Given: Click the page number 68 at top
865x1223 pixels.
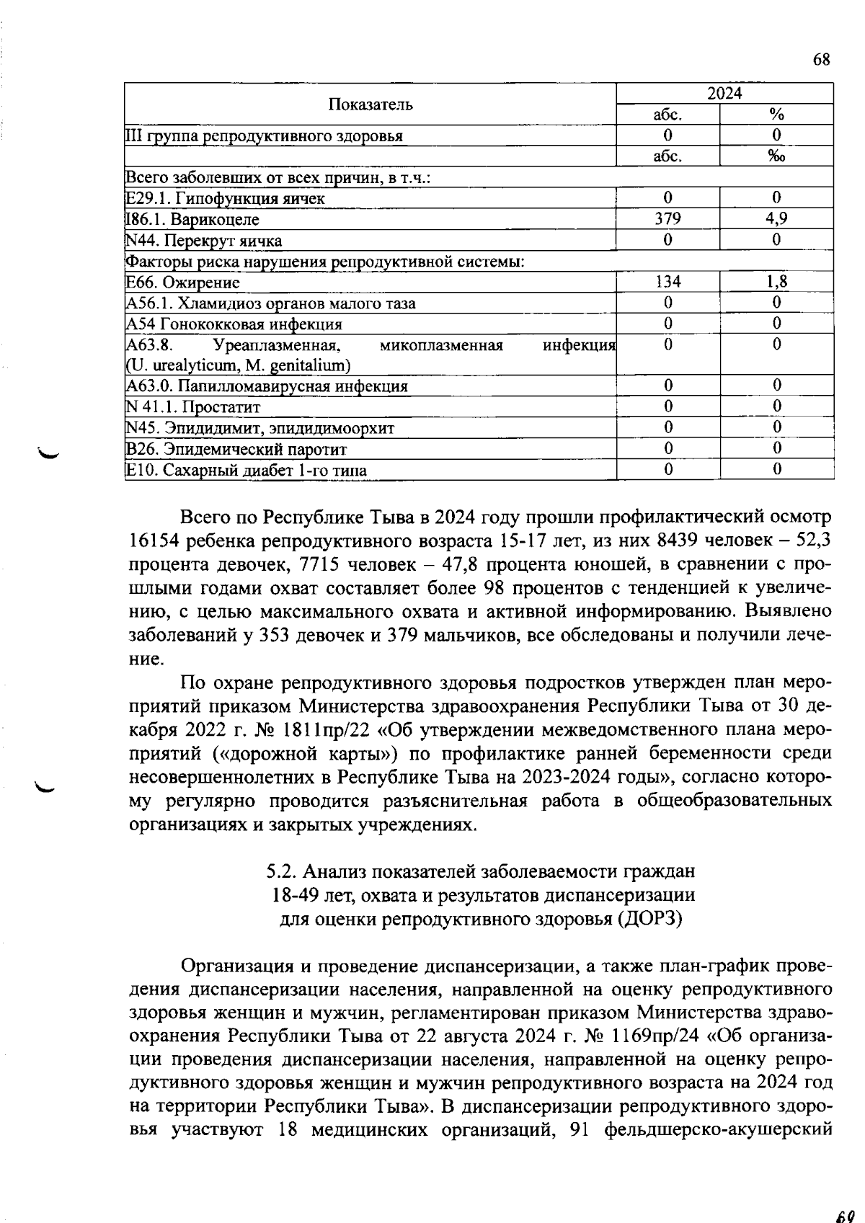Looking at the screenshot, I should pos(822,60).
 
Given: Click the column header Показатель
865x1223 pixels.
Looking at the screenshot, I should pos(371,104).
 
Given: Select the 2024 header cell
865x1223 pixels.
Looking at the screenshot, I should pos(724,94).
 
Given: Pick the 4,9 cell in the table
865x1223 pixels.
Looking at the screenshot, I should pos(776,219).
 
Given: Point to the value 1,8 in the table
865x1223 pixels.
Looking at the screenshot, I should pos(776,282).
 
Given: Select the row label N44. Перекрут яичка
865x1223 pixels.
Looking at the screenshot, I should pos(204,241).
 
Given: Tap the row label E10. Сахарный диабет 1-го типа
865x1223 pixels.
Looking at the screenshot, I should pos(246,471).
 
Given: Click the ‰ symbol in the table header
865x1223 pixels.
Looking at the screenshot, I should pos(776,156).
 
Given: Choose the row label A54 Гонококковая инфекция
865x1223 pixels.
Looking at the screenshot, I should pos(234,324).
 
